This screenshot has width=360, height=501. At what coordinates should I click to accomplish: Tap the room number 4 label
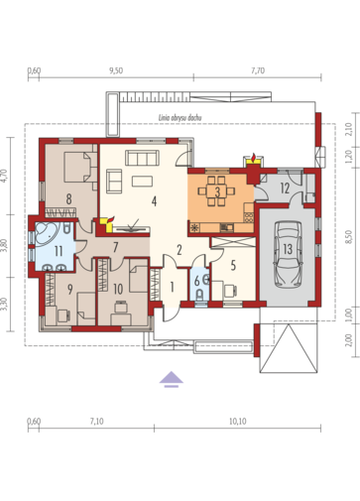[153, 200]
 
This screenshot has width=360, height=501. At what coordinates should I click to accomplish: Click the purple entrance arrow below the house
[172, 377]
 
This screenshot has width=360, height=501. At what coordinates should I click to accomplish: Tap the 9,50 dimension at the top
[115, 71]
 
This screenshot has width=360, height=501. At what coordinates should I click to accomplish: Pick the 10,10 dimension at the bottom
[237, 422]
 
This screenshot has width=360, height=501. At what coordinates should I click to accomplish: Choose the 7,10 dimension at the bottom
[96, 422]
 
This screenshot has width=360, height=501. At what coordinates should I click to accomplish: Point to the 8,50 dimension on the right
[349, 235]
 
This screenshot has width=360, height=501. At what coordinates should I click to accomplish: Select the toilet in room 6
[198, 295]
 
